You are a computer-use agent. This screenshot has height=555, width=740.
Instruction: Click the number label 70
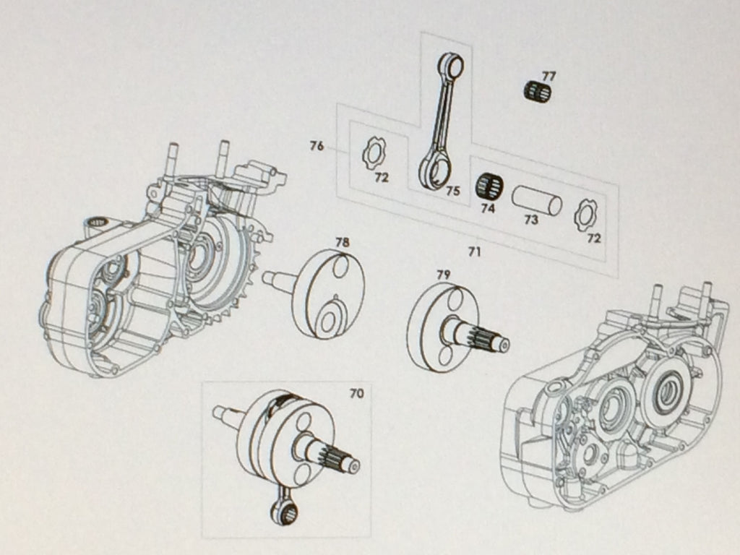point(356,395)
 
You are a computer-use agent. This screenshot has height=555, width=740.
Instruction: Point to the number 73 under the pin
point(531,220)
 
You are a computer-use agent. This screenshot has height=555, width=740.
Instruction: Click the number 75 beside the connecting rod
point(452,192)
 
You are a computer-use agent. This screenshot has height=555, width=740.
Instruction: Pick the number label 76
point(317,146)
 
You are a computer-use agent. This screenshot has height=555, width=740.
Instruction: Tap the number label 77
point(549,75)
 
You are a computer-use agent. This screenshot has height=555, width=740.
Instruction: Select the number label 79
point(443,275)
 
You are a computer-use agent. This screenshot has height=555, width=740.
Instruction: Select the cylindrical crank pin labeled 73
point(536,199)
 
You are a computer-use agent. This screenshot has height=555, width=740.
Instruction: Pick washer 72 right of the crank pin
point(585,215)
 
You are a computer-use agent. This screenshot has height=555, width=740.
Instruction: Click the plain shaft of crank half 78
point(277,278)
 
